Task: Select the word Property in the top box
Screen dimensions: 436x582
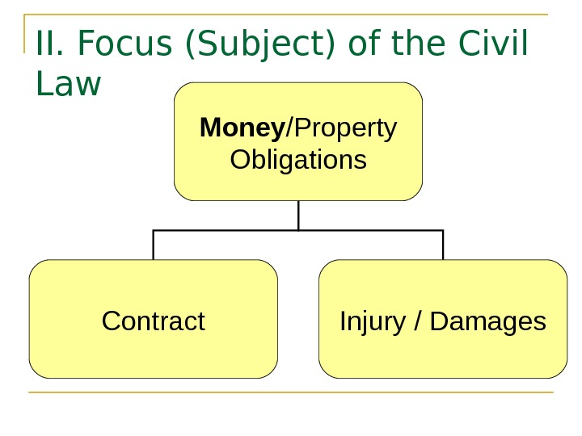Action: click(344, 128)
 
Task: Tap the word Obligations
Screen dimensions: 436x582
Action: click(298, 160)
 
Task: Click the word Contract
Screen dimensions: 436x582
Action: click(154, 321)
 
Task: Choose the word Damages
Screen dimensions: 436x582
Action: click(488, 321)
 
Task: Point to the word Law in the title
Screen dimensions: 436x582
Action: click(69, 83)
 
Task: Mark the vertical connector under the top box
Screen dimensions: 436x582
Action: click(298, 216)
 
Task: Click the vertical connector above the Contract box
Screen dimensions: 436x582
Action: click(154, 245)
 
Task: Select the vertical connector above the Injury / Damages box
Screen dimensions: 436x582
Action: click(443, 245)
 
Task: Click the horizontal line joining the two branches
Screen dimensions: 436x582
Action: click(226, 231)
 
